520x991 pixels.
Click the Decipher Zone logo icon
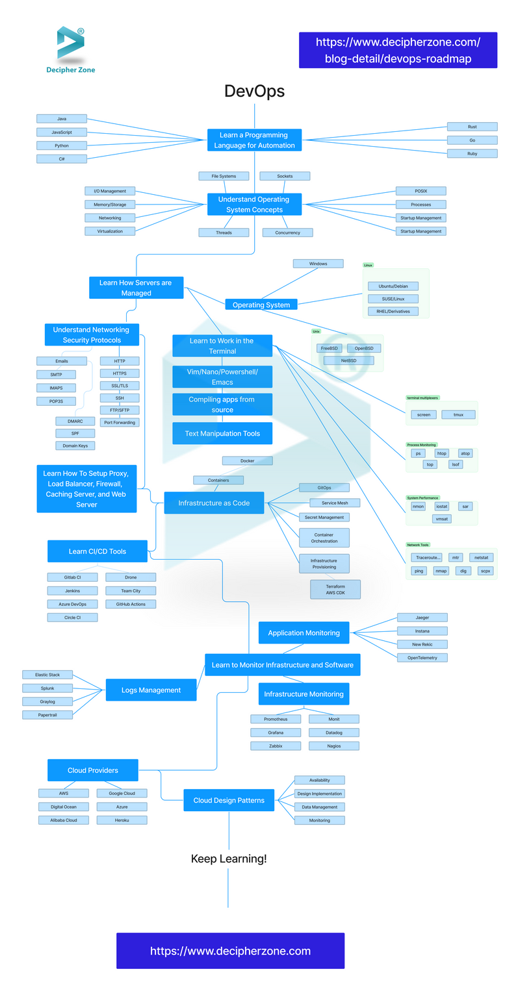pos(70,43)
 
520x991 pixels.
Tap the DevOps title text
pos(254,92)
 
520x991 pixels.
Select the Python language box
pos(62,145)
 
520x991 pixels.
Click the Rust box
pos(472,127)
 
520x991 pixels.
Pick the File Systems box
pos(224,176)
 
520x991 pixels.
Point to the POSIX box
pos(421,191)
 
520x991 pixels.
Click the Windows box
pos(318,264)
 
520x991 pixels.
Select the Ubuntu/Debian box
pos(393,286)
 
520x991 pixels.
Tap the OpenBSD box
pos(363,348)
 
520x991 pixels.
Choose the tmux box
pos(458,414)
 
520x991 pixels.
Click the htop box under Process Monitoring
pos(442,453)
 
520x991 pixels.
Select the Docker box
pos(247,460)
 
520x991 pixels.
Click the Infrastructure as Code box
pos(214,503)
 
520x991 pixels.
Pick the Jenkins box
pos(72,591)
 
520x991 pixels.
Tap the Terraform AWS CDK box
pos(335,589)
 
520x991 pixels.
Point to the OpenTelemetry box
pos(422,658)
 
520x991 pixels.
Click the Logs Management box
pos(151,690)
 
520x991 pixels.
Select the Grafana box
pos(276,733)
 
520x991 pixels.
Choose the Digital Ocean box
pos(64,807)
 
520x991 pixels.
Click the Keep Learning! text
pos(228,859)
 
